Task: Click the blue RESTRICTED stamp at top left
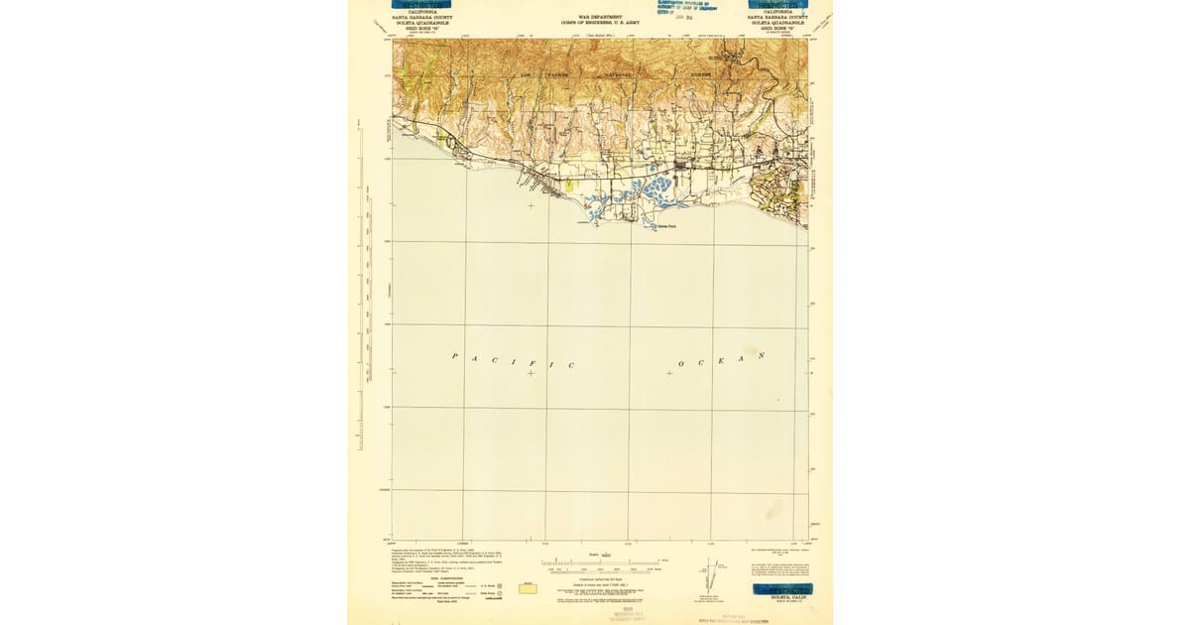click(x=413, y=5)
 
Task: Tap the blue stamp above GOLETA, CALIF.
click(x=782, y=588)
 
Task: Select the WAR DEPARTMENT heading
click(x=600, y=17)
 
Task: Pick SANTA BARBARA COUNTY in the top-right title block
click(x=778, y=17)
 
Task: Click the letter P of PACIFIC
click(x=455, y=355)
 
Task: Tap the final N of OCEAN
click(x=762, y=355)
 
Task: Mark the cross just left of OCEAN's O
click(x=669, y=373)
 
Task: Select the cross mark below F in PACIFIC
click(x=531, y=373)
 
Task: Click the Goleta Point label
click(x=667, y=225)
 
